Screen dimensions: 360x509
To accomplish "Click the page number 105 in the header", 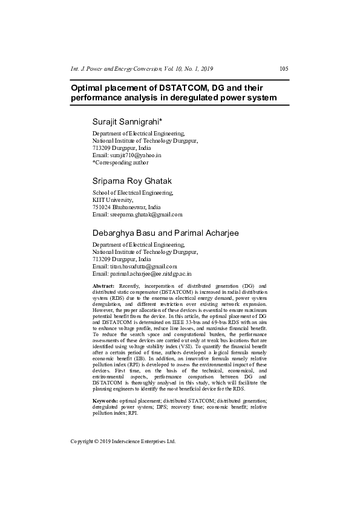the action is pos(284,68).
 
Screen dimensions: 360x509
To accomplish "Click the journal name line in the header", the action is pos(142,68).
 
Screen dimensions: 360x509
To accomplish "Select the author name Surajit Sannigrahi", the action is pos(130,121).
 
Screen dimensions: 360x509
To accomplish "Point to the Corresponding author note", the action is pos(120,162).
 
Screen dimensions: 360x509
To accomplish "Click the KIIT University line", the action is pos(112,199).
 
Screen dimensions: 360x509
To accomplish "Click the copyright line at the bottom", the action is pos(123,441).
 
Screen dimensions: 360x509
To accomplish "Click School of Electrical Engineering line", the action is pos(133,192).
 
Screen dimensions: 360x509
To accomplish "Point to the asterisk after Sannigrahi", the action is pos(169,120).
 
